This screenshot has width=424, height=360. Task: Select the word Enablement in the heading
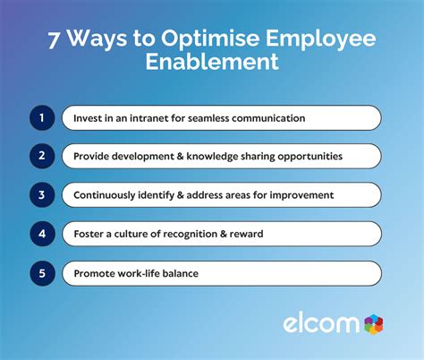pos(212,63)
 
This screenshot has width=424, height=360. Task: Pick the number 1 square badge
pos(41,118)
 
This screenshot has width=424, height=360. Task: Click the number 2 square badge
pos(41,157)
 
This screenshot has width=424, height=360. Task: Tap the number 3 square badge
pos(41,195)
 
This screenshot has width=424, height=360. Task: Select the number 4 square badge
pos(41,234)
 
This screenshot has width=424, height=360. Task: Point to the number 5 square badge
pos(41,272)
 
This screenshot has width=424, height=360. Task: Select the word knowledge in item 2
pos(208,157)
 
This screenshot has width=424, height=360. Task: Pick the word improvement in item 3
pos(296,195)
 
